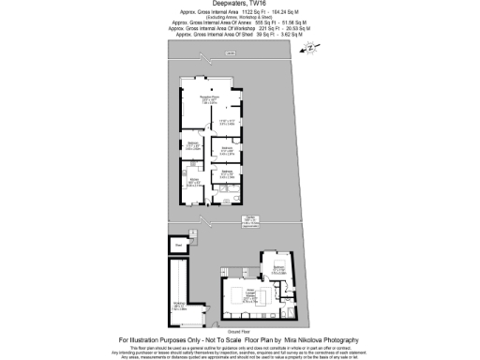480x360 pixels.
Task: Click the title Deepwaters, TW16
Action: [239, 5]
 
